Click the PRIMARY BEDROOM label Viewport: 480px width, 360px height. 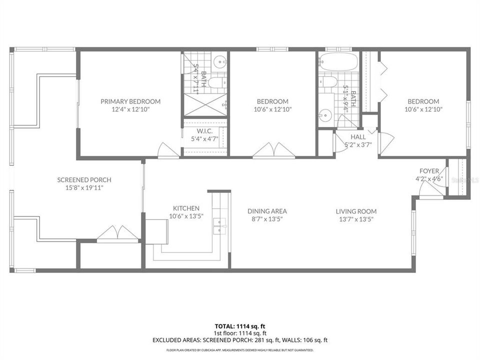(x=130, y=101)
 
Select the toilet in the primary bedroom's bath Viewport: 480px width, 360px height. (x=217, y=82)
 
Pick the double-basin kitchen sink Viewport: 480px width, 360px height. (x=218, y=226)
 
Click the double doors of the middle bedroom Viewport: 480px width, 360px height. (x=273, y=150)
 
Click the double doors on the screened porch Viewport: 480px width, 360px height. (x=117, y=233)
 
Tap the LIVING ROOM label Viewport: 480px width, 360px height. (x=356, y=211)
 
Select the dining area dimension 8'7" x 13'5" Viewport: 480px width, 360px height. (x=267, y=219)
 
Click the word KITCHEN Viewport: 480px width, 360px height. (x=186, y=208)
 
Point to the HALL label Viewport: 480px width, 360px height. (x=358, y=136)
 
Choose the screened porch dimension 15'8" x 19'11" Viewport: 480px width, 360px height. (x=84, y=188)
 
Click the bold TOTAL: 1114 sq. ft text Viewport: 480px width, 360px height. (x=240, y=326)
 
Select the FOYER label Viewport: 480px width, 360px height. (x=429, y=171)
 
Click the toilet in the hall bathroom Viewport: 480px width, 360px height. (x=328, y=81)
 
